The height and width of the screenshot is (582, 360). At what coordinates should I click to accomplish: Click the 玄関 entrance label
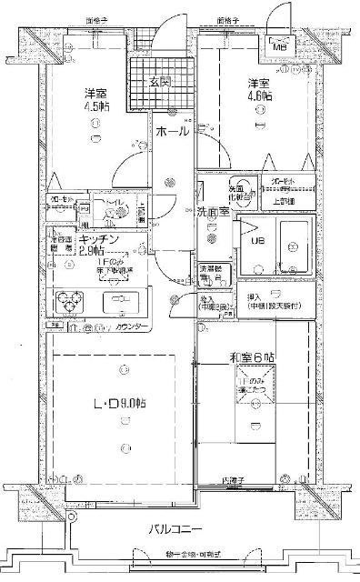point(161,83)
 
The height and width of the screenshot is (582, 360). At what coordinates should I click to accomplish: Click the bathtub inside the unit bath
point(295,241)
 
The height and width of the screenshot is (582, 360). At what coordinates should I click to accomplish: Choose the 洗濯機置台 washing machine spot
point(211,273)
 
